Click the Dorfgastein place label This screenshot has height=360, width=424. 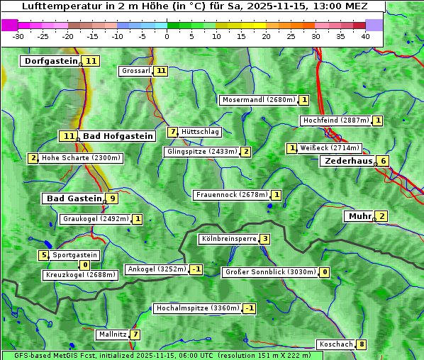point(50,61)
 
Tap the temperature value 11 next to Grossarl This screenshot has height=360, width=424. point(161,71)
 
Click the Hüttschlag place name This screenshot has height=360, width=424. point(200,132)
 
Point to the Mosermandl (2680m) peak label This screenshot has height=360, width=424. point(258,100)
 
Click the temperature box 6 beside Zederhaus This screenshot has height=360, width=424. point(383,161)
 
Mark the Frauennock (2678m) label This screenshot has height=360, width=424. point(231,195)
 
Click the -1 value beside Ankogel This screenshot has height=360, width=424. point(196,269)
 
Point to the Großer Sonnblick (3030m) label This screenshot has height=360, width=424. point(269,272)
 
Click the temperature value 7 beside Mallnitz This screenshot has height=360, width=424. point(135,334)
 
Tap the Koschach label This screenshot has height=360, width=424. point(335,345)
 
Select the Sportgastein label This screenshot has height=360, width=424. point(75,255)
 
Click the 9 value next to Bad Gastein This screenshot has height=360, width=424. point(112,198)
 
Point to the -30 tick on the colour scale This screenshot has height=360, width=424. point(18,36)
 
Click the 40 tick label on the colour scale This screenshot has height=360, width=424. point(365,36)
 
